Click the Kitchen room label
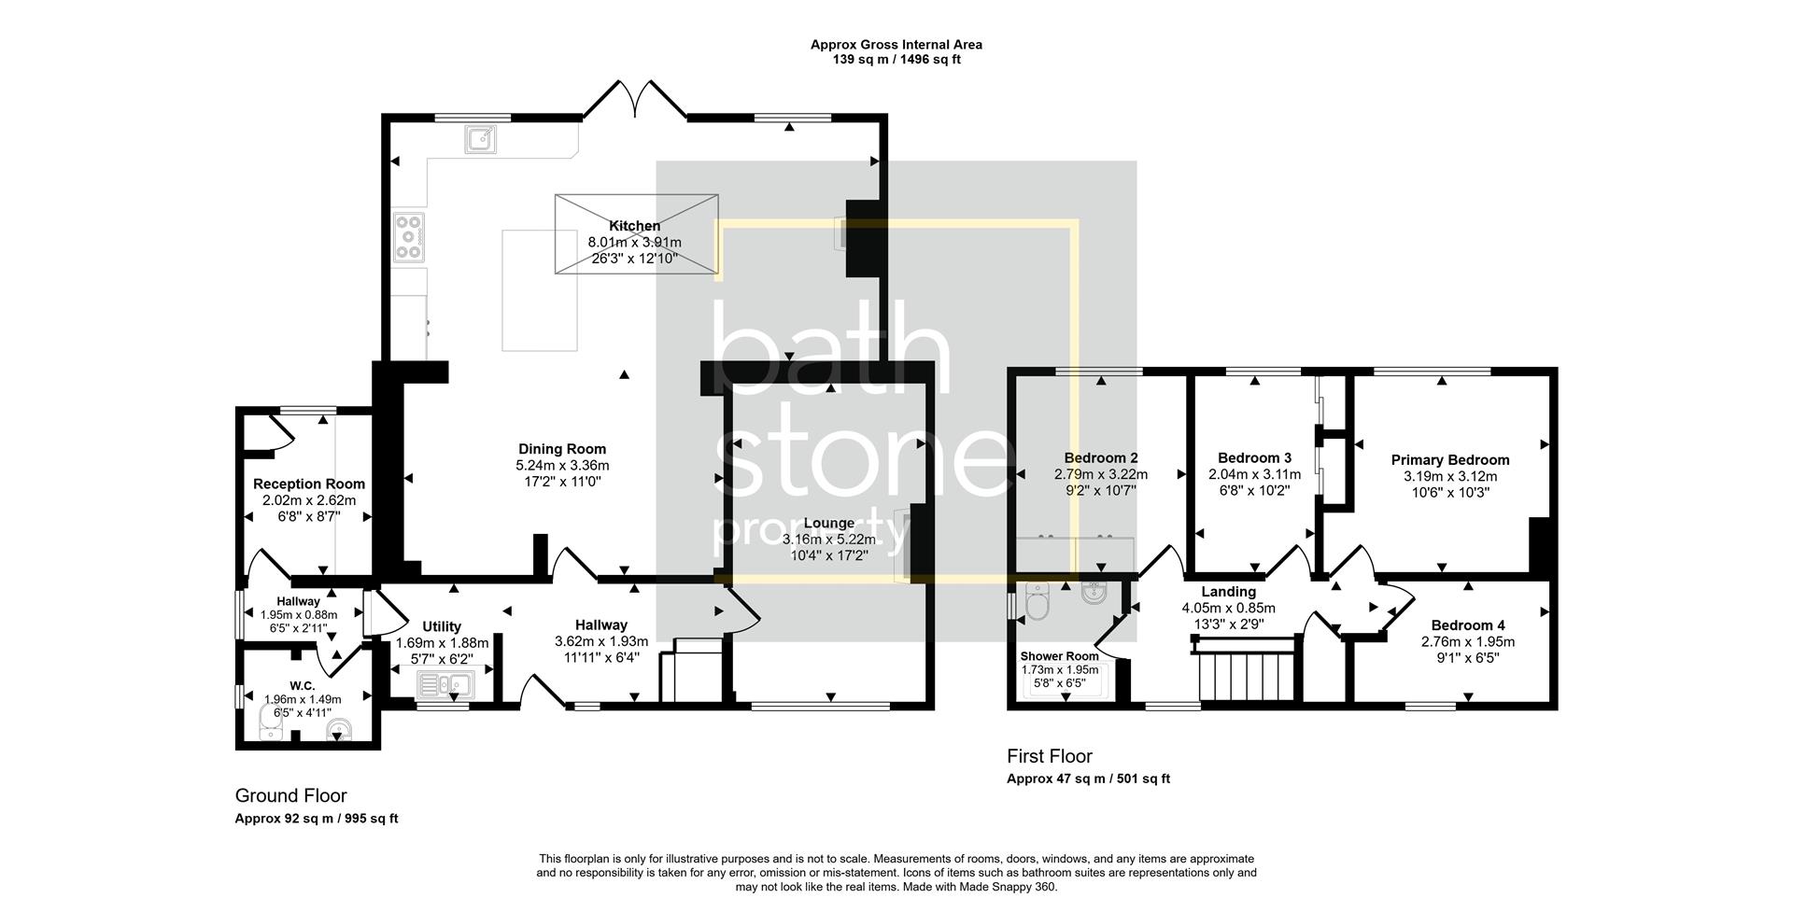tap(635, 226)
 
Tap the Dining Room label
tap(562, 449)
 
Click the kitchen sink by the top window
tap(480, 139)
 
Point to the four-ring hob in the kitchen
tap(409, 237)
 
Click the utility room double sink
tap(445, 686)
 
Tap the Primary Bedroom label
tap(1450, 460)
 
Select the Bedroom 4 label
tap(1468, 625)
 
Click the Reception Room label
tap(309, 484)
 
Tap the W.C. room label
tap(303, 686)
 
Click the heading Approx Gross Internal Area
tap(896, 44)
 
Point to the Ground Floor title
tap(290, 796)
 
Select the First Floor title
tap(1050, 756)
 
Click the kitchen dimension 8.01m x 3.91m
tap(635, 243)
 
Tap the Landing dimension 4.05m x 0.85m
tap(1229, 608)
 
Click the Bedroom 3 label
tap(1255, 458)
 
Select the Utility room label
tap(442, 626)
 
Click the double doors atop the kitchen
tap(636, 100)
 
